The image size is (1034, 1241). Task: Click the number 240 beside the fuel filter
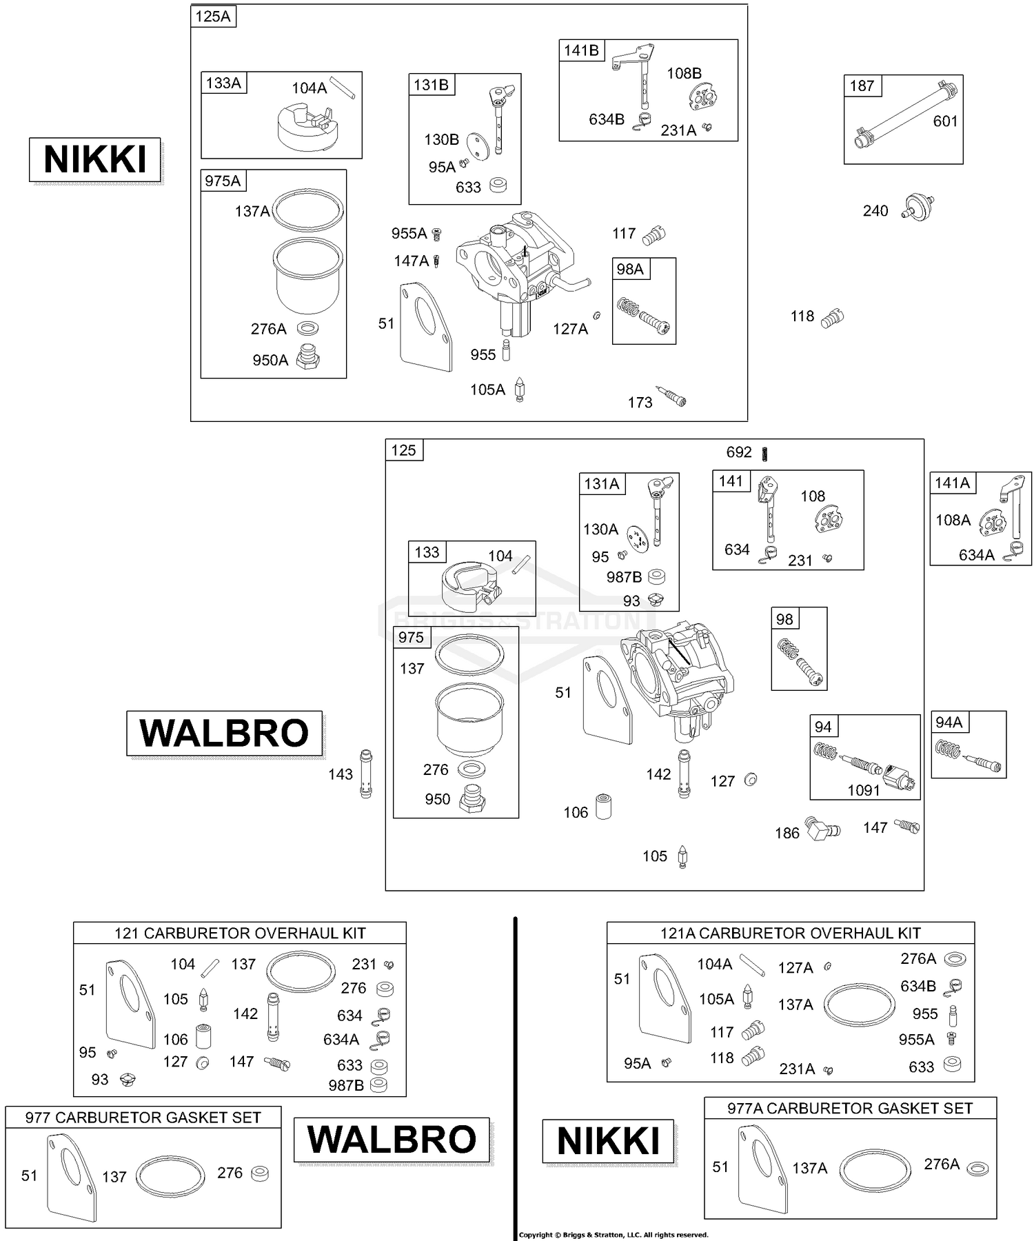point(875,211)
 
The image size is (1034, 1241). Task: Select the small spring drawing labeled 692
point(764,453)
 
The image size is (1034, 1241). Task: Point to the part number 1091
point(863,790)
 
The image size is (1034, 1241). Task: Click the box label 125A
point(213,17)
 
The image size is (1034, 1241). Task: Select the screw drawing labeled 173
point(671,397)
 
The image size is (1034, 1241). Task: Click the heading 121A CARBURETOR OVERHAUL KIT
point(790,933)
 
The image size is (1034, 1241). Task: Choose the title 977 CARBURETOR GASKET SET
point(143,1118)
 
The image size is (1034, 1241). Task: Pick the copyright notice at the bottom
point(614,1235)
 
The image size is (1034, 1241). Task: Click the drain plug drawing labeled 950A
point(307,359)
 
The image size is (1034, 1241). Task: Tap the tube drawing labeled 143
point(366,774)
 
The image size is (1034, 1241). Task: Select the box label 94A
point(949,723)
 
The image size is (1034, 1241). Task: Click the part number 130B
point(441,140)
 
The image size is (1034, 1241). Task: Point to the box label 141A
point(952,483)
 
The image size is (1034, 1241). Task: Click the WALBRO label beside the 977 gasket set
point(392,1140)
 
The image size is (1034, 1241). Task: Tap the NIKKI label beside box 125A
point(95,160)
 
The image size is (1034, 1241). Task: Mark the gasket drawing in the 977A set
point(762,1172)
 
